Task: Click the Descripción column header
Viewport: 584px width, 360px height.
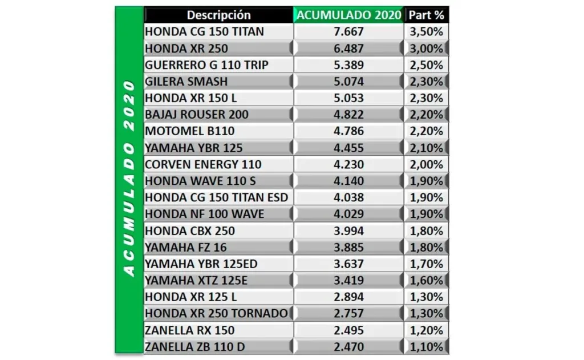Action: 218,15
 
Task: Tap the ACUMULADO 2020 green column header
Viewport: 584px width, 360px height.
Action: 348,15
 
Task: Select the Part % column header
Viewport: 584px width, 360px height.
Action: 427,15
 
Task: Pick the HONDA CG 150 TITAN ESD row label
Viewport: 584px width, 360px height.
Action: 216,197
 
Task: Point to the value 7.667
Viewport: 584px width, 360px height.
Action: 348,31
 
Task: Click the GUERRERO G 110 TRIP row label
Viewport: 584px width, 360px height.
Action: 206,65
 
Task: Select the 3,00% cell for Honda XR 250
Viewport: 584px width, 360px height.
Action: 427,48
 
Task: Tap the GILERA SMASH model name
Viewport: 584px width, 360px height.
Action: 186,81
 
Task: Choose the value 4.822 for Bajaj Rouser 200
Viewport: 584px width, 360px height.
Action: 348,115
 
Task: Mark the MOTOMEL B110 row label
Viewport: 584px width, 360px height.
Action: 189,131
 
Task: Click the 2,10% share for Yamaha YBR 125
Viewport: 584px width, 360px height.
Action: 427,148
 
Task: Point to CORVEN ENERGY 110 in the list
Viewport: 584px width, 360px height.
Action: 203,164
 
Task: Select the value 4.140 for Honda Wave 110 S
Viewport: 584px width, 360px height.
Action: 348,181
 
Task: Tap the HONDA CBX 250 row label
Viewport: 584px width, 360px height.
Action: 189,230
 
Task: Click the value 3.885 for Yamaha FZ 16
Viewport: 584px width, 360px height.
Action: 348,247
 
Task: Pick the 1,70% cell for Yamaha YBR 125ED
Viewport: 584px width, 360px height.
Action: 427,264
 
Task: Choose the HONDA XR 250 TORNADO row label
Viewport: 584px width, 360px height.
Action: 216,313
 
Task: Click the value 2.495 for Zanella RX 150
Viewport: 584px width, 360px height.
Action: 348,330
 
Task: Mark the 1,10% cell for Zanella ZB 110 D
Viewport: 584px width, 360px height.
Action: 427,347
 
